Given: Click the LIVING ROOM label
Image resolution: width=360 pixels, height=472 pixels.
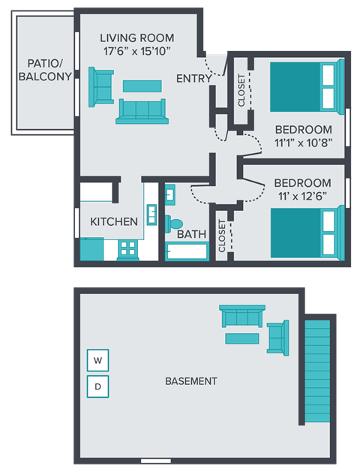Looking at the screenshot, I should [x=137, y=38].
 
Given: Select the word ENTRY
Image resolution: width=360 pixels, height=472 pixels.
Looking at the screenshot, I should [x=193, y=79].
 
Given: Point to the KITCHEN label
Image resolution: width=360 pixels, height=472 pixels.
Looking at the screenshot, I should [x=114, y=221].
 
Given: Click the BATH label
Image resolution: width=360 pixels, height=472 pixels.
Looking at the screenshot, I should [x=192, y=234].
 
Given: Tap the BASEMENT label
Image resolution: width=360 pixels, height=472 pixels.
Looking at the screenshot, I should [x=190, y=381].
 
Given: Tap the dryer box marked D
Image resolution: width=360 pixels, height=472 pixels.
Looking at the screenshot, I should [x=97, y=387].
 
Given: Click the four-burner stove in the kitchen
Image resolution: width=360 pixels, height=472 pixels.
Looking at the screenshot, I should [x=128, y=249].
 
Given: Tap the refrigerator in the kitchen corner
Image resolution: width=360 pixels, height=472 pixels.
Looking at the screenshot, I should [x=91, y=249].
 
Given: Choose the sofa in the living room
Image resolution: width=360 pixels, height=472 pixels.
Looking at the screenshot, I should [x=141, y=111].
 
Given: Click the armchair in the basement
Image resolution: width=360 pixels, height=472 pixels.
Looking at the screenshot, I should [x=277, y=338].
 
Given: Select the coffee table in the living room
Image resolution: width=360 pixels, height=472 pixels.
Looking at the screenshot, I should [x=142, y=86].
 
